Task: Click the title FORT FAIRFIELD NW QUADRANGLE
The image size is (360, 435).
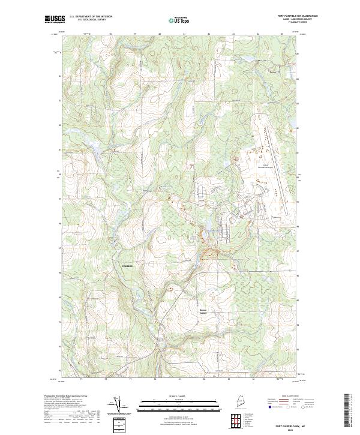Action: pos(298,16)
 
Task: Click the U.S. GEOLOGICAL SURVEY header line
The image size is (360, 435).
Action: pos(88,19)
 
